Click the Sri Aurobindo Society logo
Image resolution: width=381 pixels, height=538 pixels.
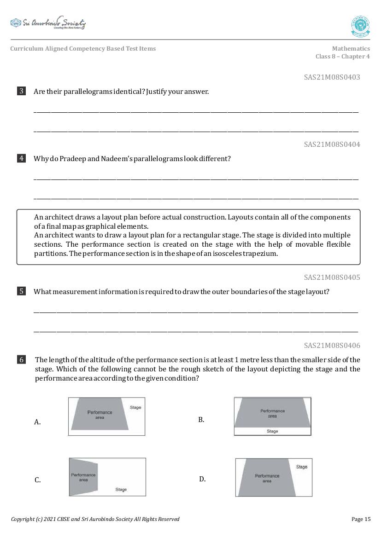pos(48,23)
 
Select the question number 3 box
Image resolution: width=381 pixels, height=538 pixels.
pos(21,91)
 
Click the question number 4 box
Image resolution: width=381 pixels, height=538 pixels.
pos(21,158)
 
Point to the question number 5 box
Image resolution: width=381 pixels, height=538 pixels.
pos(21,291)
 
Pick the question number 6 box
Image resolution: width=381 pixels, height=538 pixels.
pos(21,359)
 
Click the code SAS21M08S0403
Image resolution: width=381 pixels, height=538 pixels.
pos(332,77)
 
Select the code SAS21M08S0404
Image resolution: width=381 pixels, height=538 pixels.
pos(332,145)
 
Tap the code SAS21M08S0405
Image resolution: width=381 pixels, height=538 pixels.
pos(332,278)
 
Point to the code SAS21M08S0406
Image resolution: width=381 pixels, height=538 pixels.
pos(332,346)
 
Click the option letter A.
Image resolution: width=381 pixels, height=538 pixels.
pos(37,422)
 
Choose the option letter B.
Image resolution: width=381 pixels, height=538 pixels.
pos(201,420)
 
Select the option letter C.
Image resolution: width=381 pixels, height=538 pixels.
pos(37,480)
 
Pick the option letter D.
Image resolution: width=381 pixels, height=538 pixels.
pos(202,479)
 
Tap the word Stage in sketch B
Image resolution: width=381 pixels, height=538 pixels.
pos(272,431)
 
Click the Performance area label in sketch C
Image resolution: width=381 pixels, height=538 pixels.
pos(83,477)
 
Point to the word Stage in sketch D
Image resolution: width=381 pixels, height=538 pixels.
pos(302,467)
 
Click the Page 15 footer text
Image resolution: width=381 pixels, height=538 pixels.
pos(361,519)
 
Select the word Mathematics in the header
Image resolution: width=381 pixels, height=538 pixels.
pos(351,48)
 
